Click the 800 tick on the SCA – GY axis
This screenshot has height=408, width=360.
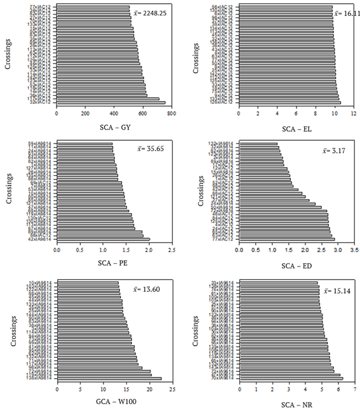[171, 114]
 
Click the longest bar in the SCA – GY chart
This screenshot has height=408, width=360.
[110, 102]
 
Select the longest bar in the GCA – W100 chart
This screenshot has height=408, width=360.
[109, 378]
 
